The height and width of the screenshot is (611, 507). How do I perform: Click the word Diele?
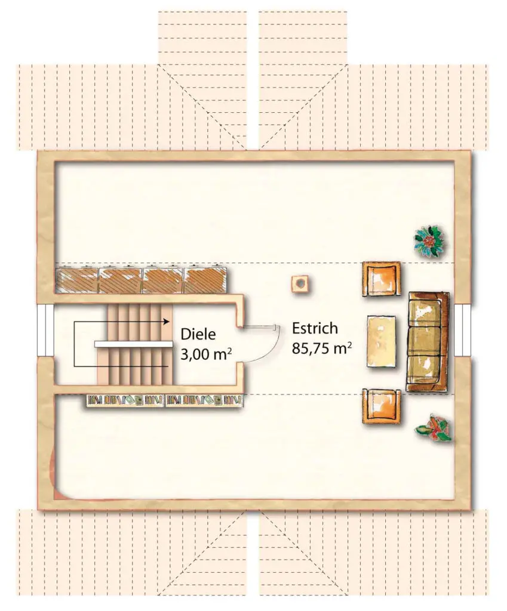(x=198, y=334)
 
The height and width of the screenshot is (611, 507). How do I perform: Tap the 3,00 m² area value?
(x=206, y=355)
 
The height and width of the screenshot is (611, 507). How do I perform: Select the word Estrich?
(x=315, y=329)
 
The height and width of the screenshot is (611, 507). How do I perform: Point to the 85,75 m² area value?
(x=322, y=348)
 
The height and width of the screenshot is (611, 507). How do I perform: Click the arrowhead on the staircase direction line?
(x=167, y=322)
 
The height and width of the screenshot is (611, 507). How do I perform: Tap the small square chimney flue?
(x=300, y=283)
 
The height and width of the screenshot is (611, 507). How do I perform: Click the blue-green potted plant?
(x=429, y=241)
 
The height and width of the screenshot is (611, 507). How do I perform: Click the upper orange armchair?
(x=382, y=279)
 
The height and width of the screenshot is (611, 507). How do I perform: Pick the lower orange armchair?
(x=382, y=406)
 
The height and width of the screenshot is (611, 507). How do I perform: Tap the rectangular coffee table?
(x=382, y=341)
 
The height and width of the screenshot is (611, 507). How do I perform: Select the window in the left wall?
(x=45, y=329)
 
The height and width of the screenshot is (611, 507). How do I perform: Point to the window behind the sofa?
(x=463, y=329)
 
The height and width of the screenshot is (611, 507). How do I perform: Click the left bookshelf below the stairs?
(x=125, y=401)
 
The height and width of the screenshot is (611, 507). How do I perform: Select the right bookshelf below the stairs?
(x=204, y=401)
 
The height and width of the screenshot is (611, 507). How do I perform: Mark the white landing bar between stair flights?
(x=134, y=344)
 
